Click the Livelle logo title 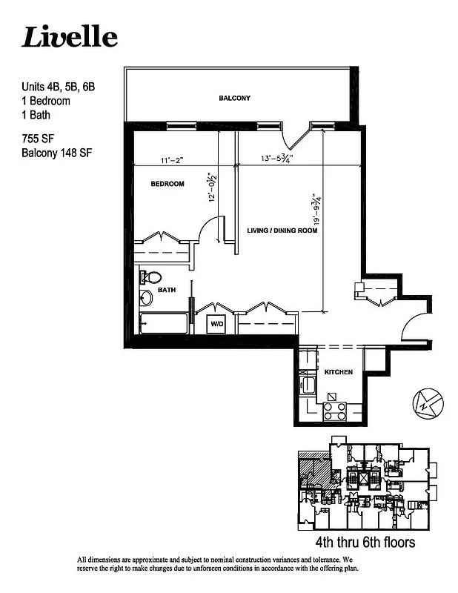pyautogui.click(x=69, y=36)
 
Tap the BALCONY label pyautogui.click(x=234, y=98)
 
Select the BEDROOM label pyautogui.click(x=167, y=184)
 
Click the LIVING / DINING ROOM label pyautogui.click(x=282, y=231)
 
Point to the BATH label pyautogui.click(x=166, y=291)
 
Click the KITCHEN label pyautogui.click(x=338, y=371)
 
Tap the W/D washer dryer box pyautogui.click(x=217, y=324)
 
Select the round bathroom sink pyautogui.click(x=146, y=298)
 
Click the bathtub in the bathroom pyautogui.click(x=164, y=324)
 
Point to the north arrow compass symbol pyautogui.click(x=428, y=402)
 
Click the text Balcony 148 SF pyautogui.click(x=56, y=153)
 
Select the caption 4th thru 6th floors pyautogui.click(x=365, y=543)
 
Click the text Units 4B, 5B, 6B pyautogui.click(x=58, y=87)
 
